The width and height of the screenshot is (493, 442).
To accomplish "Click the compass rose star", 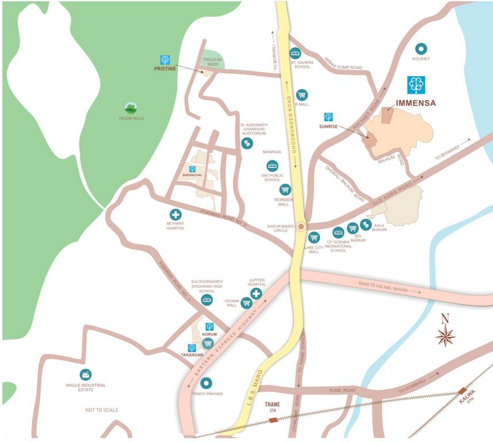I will click(x=445, y=335).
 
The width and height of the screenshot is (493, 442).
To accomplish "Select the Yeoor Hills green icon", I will click(x=131, y=108).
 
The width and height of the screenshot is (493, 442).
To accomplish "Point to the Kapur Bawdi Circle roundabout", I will click(x=300, y=226).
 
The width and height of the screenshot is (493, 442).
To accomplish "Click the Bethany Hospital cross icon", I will click(x=175, y=215).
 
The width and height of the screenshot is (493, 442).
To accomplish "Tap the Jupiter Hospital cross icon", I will click(x=257, y=294).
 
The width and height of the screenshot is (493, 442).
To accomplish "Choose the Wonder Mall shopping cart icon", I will click(x=285, y=189).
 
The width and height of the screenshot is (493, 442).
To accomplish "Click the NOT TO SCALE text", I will click(x=102, y=410).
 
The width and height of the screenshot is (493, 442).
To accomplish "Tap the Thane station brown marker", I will click(x=273, y=420).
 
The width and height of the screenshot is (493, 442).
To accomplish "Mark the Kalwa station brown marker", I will click(x=463, y=391).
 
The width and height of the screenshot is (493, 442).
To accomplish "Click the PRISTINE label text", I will click(x=164, y=68).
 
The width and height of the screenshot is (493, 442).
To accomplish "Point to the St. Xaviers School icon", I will click(x=296, y=52).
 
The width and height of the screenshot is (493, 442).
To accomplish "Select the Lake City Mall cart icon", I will click(x=314, y=237).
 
